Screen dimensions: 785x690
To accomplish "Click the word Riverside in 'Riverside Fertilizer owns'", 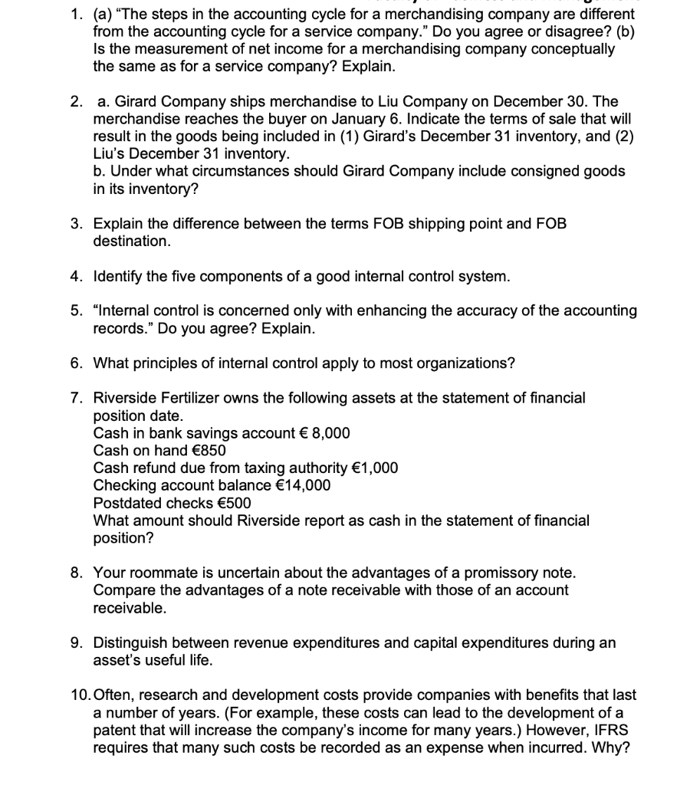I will point(125,398).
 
